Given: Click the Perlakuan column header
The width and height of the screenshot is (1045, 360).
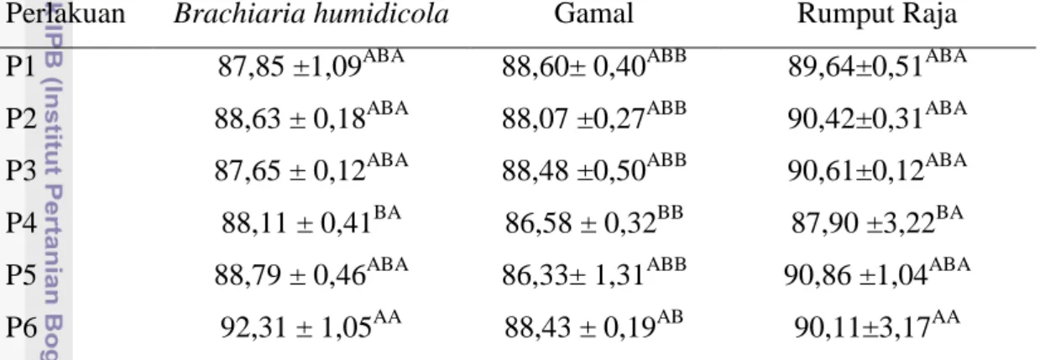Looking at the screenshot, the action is coord(65,14).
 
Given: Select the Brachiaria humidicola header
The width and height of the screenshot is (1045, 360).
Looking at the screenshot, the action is coord(311,13).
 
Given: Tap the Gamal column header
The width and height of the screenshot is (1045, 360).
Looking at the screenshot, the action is coord(593,13).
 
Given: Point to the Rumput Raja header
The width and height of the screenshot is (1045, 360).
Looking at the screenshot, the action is coord(877,14).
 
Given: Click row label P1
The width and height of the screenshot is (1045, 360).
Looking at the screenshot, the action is coord(21,66).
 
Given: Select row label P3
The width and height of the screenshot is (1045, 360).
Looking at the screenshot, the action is coord(21,170).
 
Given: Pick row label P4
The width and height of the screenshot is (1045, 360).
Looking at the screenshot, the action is coord(21,223).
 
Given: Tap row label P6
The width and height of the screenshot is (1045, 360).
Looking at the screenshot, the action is coord(21,327).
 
